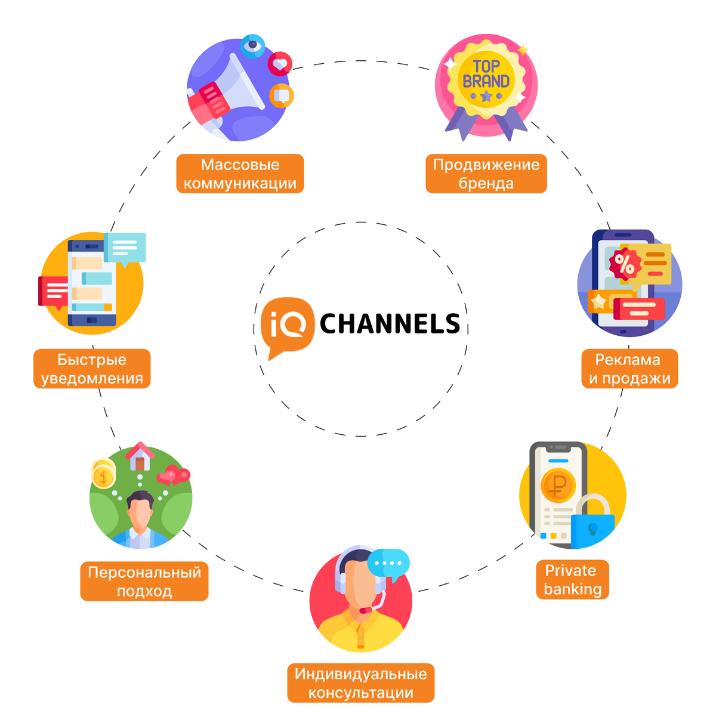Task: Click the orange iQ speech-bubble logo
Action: tap(287, 325)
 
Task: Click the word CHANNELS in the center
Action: tap(390, 324)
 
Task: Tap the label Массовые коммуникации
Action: tap(240, 174)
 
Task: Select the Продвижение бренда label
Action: tap(486, 174)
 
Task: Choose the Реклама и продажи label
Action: tap(629, 369)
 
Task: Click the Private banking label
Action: tap(572, 579)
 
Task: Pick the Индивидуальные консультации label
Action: tap(360, 683)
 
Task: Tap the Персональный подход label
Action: tap(144, 581)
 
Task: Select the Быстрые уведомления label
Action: tap(92, 369)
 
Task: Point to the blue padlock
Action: tap(592, 525)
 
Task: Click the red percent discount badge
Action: tap(624, 264)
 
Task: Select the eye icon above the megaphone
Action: tap(253, 45)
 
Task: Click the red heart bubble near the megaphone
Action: tap(280, 63)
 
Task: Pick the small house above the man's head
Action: tap(140, 457)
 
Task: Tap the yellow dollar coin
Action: tap(104, 476)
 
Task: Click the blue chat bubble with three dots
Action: tap(388, 564)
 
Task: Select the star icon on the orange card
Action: tap(598, 302)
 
